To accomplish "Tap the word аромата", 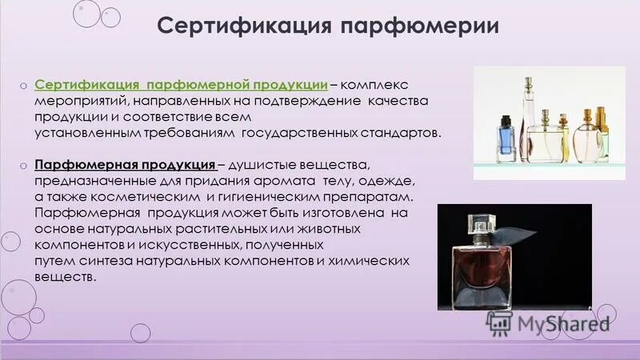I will point(266,182).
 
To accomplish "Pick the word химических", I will point(371,261).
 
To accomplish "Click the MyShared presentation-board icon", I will point(498,322).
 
